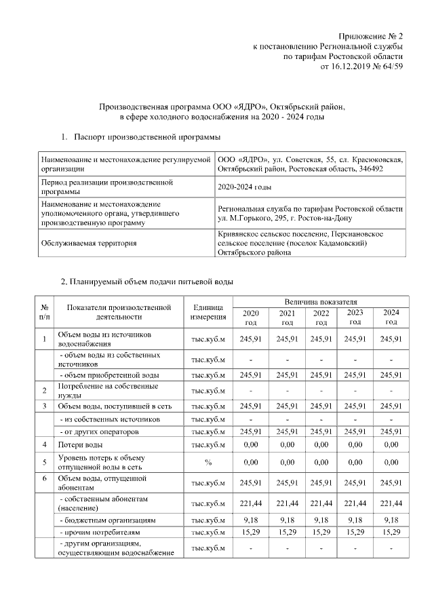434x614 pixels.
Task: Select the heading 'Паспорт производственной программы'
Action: (x=146, y=138)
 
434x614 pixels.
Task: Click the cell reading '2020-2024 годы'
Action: (x=245, y=187)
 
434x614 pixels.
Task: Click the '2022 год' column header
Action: (x=321, y=317)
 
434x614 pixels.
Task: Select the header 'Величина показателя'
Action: (x=321, y=301)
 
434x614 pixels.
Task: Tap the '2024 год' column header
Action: (x=391, y=317)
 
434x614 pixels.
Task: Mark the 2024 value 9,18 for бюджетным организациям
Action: (x=391, y=520)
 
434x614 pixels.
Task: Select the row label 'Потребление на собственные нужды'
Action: (x=108, y=390)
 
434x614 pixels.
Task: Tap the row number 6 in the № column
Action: (x=44, y=478)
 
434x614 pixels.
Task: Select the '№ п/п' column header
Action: (x=44, y=311)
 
